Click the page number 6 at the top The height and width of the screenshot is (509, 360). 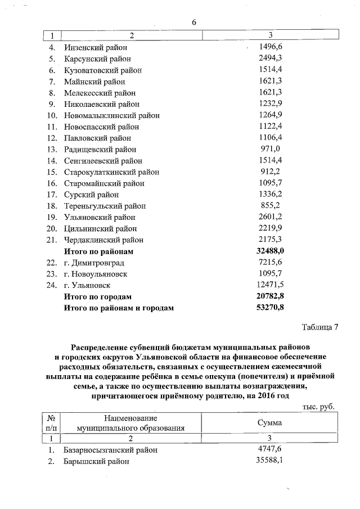tap(194, 22)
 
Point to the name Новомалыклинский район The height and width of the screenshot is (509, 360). tap(112, 115)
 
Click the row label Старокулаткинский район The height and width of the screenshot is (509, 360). tap(111, 172)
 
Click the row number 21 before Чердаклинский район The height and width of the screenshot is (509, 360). tap(52, 240)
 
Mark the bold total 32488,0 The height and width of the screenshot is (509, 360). tap(270, 251)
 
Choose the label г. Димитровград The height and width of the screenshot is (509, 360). tap(93, 263)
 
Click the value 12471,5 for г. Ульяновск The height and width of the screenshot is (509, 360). tap(270, 285)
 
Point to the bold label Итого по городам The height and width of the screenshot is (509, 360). tap(98, 296)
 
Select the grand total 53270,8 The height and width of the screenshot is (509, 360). tap(270, 308)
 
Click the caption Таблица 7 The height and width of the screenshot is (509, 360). tap(320, 327)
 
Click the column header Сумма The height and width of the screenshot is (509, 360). tap(270, 422)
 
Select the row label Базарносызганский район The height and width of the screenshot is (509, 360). tap(111, 450)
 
